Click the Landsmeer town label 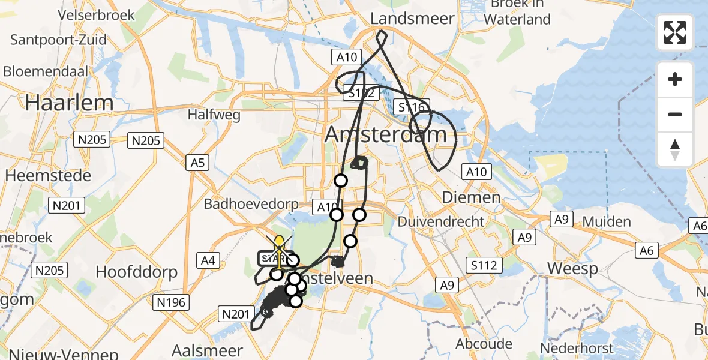412,19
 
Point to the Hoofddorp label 137,272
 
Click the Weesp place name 574,268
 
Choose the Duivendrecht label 441,221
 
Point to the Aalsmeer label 208,350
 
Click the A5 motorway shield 197,162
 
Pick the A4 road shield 209,260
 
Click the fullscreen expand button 675,32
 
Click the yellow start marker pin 279,243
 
